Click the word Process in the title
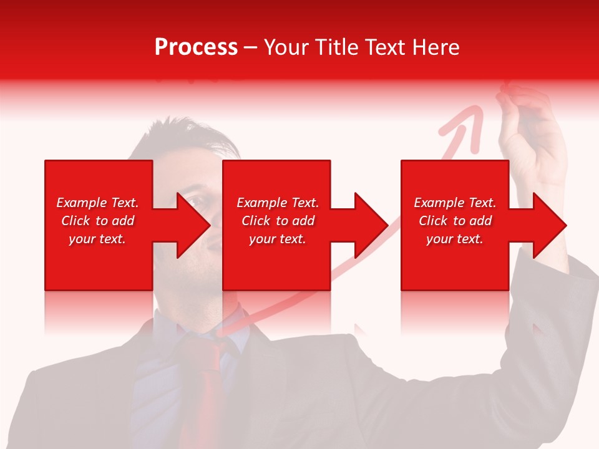click(x=196, y=47)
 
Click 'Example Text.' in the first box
click(x=97, y=203)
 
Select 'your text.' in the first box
click(x=97, y=239)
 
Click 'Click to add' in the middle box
click(x=278, y=221)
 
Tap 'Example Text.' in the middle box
click(x=278, y=203)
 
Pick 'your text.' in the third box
click(x=455, y=239)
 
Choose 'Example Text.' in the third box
click(x=455, y=203)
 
